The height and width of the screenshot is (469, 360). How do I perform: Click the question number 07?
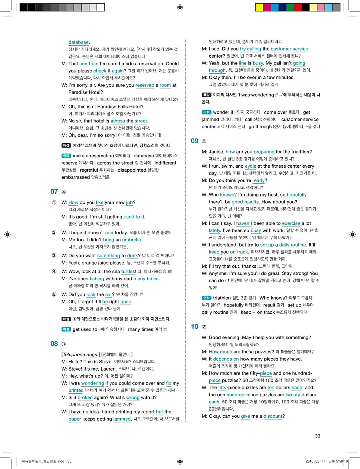click(54, 192)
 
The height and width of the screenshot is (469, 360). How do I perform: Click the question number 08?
click(54, 344)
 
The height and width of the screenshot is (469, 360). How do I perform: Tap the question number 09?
click(194, 141)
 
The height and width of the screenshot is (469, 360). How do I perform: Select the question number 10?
click(194, 327)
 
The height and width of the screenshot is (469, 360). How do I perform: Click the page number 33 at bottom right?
click(318, 436)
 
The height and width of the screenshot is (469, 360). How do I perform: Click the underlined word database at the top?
click(78, 42)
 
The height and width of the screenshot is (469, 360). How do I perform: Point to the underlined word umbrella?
click(132, 240)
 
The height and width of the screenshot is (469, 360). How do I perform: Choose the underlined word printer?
click(75, 390)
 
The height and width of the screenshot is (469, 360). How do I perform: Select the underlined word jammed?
click(122, 419)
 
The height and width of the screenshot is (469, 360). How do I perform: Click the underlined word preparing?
click(264, 152)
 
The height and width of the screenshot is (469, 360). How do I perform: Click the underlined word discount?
click(273, 416)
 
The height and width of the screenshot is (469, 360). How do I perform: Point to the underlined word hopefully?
click(296, 195)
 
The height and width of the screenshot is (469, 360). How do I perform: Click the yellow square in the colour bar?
click(259, 7)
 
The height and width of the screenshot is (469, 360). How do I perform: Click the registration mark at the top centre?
click(180, 7)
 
